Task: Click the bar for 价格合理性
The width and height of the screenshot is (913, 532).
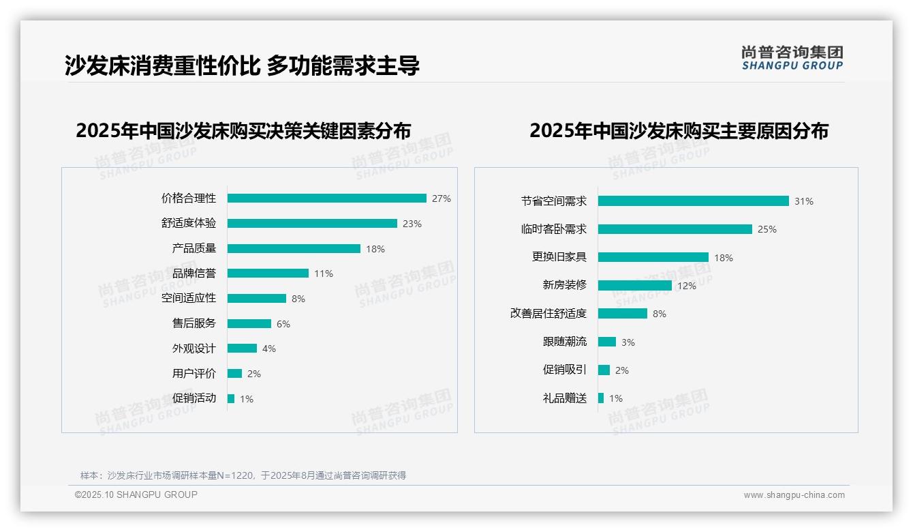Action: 327,198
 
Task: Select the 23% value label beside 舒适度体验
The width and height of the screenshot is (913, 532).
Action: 412,224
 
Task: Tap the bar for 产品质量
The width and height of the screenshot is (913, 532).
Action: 294,249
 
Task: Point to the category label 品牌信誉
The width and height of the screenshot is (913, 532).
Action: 194,274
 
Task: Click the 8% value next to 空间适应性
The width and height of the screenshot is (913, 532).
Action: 298,299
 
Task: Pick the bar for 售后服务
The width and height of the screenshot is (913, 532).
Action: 249,324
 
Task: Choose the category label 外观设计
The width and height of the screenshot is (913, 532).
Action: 194,349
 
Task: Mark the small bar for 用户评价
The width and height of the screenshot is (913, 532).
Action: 234,374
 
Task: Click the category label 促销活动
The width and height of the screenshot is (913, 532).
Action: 194,398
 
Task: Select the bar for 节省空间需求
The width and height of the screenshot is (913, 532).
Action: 694,201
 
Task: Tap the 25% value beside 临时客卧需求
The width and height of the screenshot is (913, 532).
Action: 767,230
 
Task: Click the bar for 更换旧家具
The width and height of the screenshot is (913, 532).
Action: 653,258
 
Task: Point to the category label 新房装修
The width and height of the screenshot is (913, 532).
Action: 564,285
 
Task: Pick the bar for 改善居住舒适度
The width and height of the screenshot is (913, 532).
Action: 623,314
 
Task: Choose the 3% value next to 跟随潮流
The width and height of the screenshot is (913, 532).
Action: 628,342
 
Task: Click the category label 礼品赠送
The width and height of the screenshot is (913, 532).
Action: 564,398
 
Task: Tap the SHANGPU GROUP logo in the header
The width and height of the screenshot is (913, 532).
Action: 792,58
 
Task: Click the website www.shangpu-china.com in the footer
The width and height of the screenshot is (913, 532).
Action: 794,495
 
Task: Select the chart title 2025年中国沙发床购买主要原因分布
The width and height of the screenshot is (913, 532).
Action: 679,131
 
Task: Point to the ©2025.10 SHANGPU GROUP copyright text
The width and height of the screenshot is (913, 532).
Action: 136,495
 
